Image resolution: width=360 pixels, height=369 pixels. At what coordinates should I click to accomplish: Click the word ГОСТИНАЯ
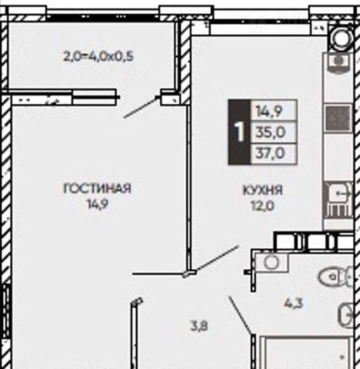coord(97,189)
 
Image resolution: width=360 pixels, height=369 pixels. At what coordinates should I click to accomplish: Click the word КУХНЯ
coord(262,190)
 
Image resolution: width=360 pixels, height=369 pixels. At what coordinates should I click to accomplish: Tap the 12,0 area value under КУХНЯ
coord(262,206)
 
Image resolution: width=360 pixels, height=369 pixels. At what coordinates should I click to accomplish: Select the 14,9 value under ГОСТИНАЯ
coord(98,204)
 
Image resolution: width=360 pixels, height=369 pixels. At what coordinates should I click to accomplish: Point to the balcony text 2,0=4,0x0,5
coord(98,56)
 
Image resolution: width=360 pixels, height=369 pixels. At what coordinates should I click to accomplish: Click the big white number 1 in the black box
coord(239,132)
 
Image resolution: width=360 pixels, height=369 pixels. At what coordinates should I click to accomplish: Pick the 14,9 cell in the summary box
coord(273,110)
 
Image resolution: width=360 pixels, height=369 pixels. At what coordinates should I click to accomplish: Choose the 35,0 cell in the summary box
coord(273,132)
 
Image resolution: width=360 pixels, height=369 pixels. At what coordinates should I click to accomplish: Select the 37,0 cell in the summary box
coord(273,153)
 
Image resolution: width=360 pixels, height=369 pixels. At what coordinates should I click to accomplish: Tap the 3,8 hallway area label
coord(199,327)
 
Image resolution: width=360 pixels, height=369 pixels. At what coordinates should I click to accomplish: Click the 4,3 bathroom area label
coord(293,303)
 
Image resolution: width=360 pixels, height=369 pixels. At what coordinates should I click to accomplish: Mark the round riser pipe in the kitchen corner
coord(342,39)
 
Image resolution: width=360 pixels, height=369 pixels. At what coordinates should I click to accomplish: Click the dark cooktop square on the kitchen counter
coord(337,118)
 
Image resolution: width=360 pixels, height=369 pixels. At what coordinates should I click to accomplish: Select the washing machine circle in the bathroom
coord(272,262)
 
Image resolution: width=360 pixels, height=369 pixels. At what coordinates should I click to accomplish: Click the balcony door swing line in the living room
coord(141,108)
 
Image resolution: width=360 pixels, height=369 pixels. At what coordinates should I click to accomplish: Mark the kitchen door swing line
coord(216,259)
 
